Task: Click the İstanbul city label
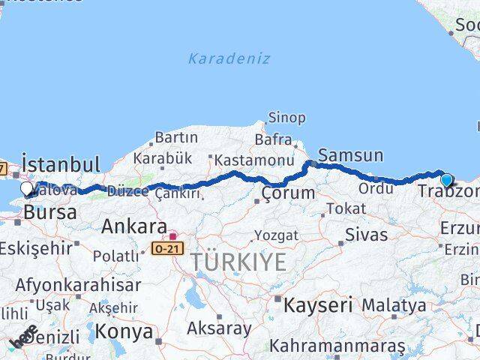click(x=61, y=164)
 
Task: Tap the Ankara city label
click(x=134, y=226)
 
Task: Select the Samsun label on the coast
click(x=350, y=155)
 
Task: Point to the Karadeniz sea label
click(x=229, y=58)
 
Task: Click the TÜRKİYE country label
click(x=238, y=262)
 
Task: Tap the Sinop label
click(x=287, y=118)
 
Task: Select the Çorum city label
click(x=288, y=193)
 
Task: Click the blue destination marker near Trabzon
click(x=446, y=180)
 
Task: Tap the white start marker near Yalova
click(x=27, y=188)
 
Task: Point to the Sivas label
click(x=367, y=235)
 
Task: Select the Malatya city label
click(x=393, y=305)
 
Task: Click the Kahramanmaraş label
click(x=337, y=346)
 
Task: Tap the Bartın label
click(x=176, y=138)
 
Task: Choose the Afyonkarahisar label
click(x=78, y=286)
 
